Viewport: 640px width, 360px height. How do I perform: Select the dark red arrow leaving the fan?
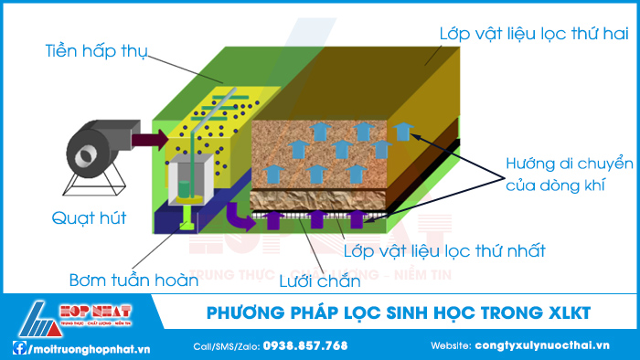(x=149, y=139)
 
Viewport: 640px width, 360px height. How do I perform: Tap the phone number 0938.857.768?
(x=305, y=346)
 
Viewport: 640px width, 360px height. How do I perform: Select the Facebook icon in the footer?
(x=18, y=347)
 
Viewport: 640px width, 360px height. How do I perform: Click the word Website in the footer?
(x=450, y=346)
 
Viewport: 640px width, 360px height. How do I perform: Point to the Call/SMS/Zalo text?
(x=226, y=346)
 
